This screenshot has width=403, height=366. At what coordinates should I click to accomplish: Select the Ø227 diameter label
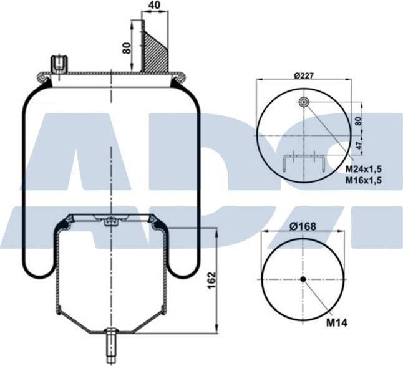[303, 76]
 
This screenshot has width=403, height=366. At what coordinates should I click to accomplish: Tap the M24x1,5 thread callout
[364, 169]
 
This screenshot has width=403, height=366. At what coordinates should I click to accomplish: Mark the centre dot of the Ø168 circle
[303, 279]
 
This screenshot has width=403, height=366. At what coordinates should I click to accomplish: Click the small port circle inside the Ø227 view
[303, 103]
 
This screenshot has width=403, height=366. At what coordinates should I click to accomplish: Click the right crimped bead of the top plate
[179, 77]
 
